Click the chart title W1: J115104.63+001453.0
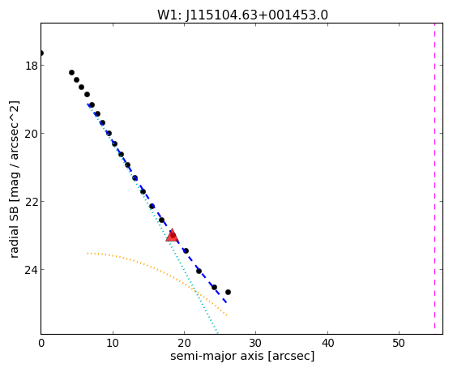(242, 15)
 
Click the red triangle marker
(172, 235)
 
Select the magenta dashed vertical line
(434, 176)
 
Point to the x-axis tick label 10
(113, 343)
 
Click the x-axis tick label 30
(256, 343)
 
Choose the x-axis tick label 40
(327, 343)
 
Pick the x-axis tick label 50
(399, 343)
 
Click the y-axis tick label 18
(32, 66)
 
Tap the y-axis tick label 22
(32, 202)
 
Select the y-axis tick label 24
(32, 270)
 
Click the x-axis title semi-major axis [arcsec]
(242, 357)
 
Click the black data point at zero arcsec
(41, 53)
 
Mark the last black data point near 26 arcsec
(228, 293)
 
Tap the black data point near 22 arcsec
(199, 272)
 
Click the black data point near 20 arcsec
(186, 250)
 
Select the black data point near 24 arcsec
(214, 288)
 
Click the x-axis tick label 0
(41, 343)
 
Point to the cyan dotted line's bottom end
(217, 334)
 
